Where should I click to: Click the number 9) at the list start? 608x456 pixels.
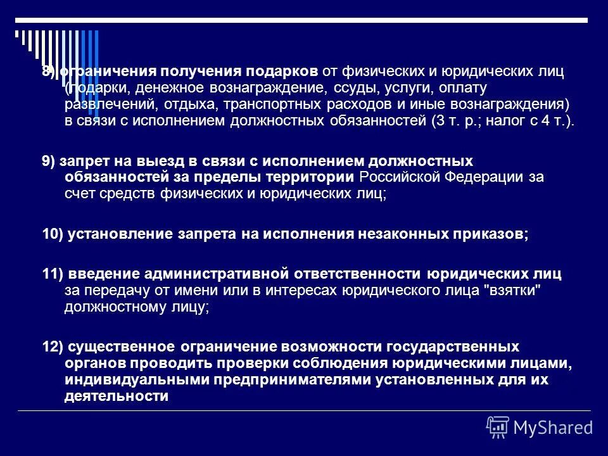click(49, 161)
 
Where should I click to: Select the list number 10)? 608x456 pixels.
click(53, 234)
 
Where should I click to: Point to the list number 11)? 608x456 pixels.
click(52, 274)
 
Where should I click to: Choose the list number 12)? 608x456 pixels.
click(53, 347)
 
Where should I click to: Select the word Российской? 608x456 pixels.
click(400, 177)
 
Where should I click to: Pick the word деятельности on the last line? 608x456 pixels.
click(116, 396)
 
